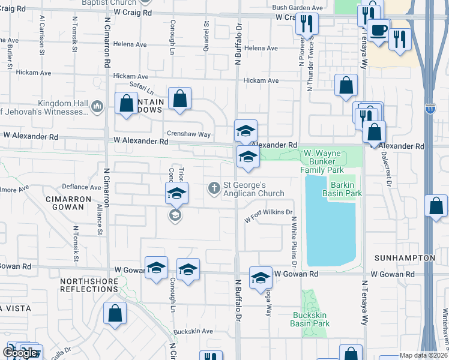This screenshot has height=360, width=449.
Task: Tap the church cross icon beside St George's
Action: click(x=213, y=188)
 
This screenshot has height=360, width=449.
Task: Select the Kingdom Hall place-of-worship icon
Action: click(x=99, y=106)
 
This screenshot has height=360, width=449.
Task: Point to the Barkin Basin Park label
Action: click(x=342, y=190)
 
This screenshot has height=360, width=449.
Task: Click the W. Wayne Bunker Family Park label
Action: click(x=322, y=161)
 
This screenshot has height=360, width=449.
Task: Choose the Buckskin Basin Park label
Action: click(x=311, y=319)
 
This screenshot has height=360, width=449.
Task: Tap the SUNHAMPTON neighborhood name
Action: click(x=404, y=257)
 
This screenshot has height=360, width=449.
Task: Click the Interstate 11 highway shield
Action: click(x=430, y=109)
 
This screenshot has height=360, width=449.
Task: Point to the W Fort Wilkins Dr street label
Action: click(x=268, y=215)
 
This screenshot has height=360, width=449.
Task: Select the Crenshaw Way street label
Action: click(x=189, y=135)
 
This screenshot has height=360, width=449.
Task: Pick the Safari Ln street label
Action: click(x=142, y=90)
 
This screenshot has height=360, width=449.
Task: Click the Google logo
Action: click(x=19, y=352)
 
